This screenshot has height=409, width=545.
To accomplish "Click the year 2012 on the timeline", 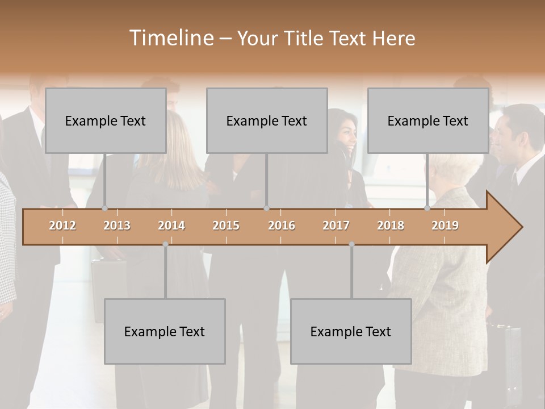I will point(62,226).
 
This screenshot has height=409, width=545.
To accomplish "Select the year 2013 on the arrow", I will point(117,226).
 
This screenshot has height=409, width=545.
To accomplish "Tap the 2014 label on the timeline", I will point(171,226).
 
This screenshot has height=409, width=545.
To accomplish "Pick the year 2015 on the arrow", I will point(226,226).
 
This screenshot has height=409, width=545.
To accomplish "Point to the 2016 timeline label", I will point(282,226).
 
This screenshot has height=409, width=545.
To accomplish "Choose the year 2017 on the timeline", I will point(336,226).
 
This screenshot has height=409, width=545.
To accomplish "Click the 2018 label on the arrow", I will point(391,226).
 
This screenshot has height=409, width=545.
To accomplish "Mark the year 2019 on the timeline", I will point(445,226).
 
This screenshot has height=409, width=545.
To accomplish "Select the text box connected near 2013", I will point(106,120).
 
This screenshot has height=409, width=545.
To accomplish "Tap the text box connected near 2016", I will point(267,120).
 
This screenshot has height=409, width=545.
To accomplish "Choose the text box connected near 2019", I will point(428,120).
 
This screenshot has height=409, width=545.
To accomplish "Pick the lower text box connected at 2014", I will point(165,331).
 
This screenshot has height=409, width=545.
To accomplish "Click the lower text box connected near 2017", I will point(351,331).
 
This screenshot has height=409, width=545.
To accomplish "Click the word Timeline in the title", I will point(170,38).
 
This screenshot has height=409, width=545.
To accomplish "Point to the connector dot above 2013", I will point(104,208).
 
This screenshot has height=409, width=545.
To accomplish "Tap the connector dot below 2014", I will point(165,244).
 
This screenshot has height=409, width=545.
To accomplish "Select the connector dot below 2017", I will point(351,244).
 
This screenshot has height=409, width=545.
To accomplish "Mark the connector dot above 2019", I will point(427,208).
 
